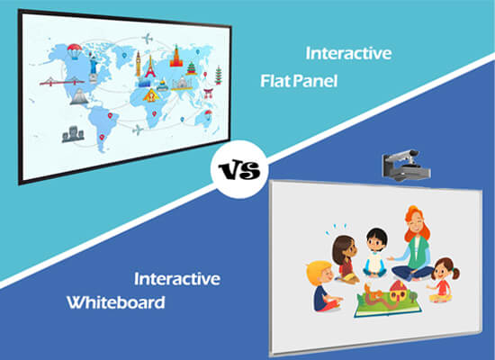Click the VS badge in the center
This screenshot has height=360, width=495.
(x=239, y=169)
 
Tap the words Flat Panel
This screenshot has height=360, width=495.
(x=299, y=81)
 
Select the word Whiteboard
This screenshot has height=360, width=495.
(x=116, y=302)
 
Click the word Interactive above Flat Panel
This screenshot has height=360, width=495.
(x=348, y=53)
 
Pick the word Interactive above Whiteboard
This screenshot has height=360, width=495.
(x=177, y=279)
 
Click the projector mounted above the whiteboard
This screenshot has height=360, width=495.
(x=406, y=166)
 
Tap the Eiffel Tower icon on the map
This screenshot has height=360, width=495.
(x=150, y=67)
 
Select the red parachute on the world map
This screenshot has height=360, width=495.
(x=75, y=51)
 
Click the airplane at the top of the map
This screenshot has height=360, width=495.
(x=147, y=39)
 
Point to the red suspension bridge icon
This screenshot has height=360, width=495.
(x=62, y=82)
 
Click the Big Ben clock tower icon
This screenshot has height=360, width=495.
(x=139, y=64)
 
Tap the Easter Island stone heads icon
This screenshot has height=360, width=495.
(x=73, y=134)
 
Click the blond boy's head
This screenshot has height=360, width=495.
(x=319, y=274)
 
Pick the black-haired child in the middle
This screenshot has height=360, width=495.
(x=375, y=253)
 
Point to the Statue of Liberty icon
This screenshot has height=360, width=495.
(x=93, y=68)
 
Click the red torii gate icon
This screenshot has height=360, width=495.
(x=209, y=94)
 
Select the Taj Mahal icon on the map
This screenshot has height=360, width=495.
(x=182, y=84)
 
